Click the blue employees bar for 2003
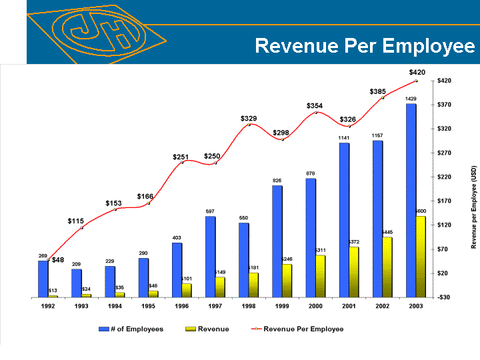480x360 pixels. [x=411, y=200]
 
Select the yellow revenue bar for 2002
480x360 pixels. [x=387, y=267]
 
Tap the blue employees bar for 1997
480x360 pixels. [x=210, y=257]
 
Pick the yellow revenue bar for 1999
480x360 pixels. [x=287, y=280]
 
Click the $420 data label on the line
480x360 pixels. [x=417, y=72]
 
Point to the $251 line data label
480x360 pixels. [x=181, y=157]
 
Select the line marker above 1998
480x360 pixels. [x=249, y=125]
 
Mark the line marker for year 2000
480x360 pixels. [x=315, y=113]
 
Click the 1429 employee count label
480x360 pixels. [x=411, y=99]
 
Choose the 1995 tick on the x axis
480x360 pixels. [x=148, y=306]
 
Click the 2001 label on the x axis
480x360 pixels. [x=349, y=306]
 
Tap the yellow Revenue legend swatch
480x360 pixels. [x=192, y=329]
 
